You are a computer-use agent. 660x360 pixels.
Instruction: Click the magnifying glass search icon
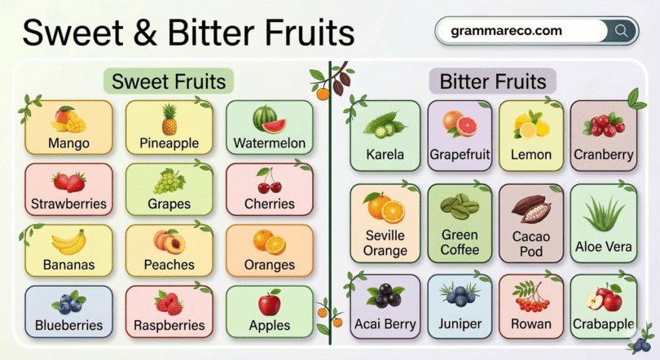623,31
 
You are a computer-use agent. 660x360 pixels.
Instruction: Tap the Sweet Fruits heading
169,81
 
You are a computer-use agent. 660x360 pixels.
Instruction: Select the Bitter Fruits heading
492,81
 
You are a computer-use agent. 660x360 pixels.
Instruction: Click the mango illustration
68,120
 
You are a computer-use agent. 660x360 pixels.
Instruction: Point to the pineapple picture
169,119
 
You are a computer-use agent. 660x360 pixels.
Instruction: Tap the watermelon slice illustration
269,120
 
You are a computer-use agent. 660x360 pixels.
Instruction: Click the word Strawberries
68,204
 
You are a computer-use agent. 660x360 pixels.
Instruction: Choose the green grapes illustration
169,181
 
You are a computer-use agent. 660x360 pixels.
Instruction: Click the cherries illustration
269,179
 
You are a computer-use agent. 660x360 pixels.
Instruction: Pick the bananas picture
68,242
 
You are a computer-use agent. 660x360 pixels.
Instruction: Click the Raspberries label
169,326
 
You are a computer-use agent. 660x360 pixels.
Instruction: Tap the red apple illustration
269,303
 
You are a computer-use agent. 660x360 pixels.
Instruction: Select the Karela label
385,155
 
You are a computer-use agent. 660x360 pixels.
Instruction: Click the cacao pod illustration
530,209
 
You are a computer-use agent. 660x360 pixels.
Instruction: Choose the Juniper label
460,324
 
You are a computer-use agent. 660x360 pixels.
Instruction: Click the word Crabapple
603,324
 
